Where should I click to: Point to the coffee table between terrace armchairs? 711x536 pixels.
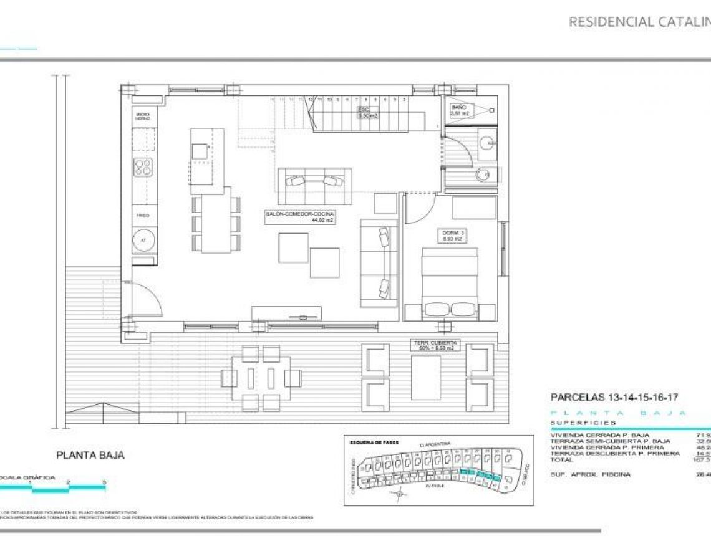point(427,377)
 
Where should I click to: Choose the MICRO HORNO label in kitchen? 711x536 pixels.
point(143,116)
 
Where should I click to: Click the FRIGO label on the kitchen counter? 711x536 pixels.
point(143,215)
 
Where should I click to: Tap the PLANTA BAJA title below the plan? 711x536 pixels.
point(90,455)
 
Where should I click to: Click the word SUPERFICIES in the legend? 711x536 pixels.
point(583,423)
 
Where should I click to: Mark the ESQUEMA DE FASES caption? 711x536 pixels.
point(374,442)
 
